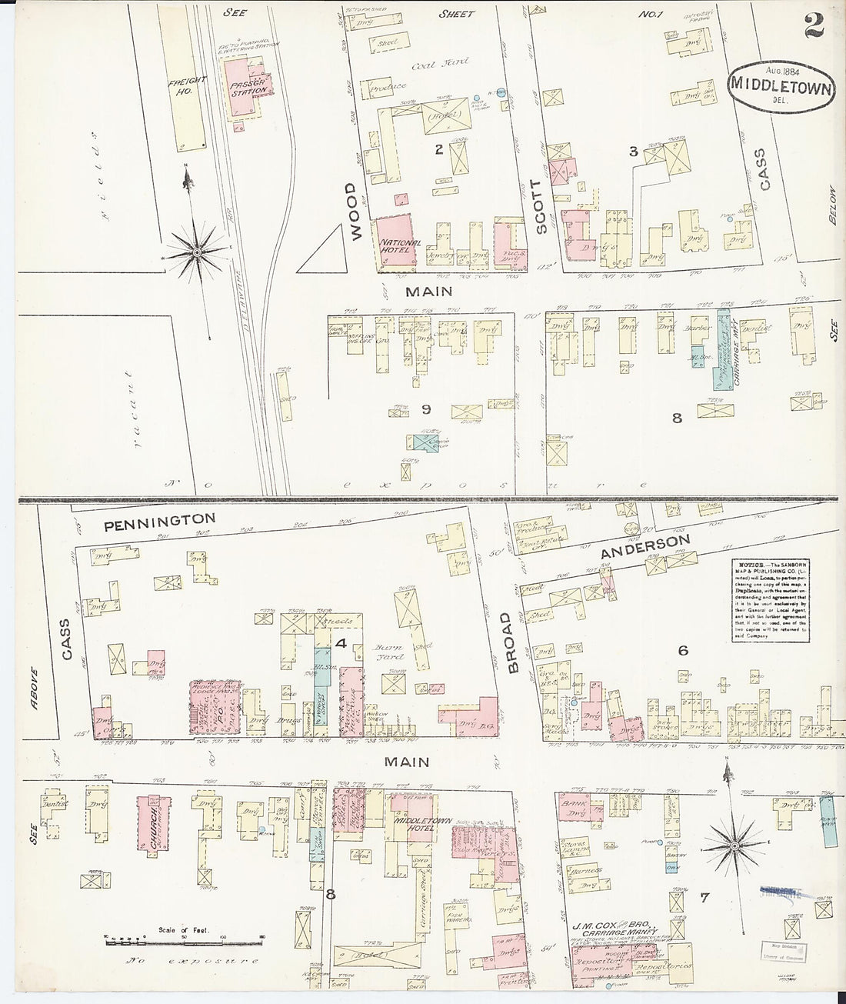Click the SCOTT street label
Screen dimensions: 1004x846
pyautogui.click(x=541, y=206)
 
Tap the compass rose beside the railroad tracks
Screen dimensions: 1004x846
pyautogui.click(x=198, y=252)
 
